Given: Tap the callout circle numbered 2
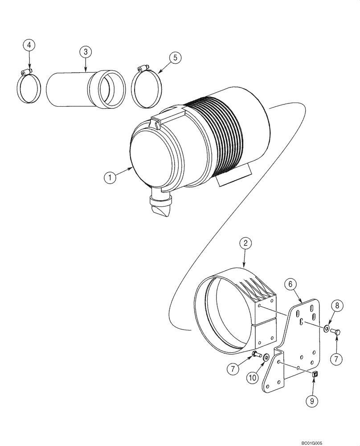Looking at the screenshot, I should (245, 244).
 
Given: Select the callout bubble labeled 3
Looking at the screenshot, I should (86, 52).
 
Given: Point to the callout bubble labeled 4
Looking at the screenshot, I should (29, 45).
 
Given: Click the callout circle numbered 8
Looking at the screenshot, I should (337, 306).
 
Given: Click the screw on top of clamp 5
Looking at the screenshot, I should (141, 68).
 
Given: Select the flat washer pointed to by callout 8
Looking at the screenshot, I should (327, 329).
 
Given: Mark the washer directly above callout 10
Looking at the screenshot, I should (266, 357).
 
